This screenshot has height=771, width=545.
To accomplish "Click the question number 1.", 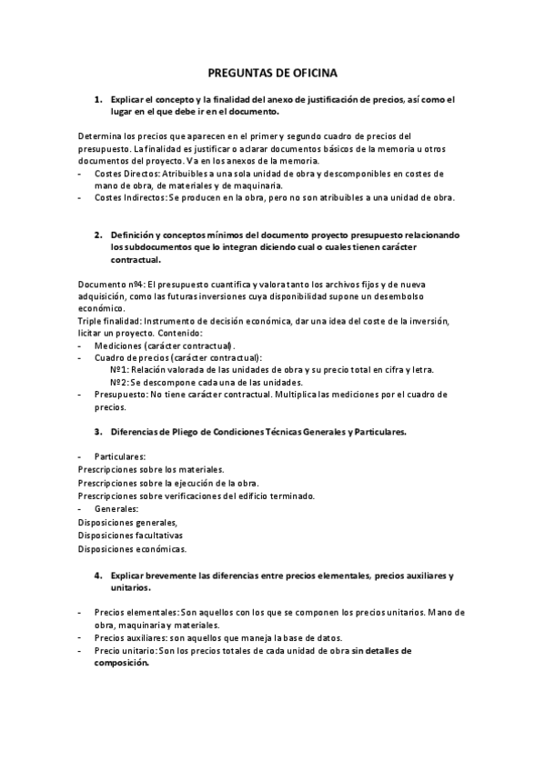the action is (98, 98).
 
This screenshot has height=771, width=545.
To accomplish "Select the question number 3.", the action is (98, 431).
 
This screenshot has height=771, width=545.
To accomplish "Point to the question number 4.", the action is (98, 576).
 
